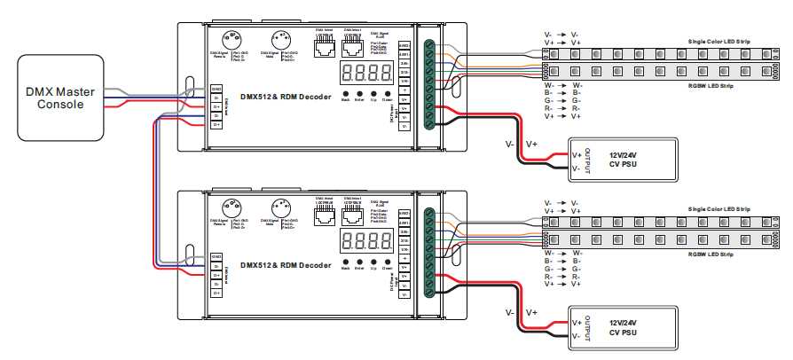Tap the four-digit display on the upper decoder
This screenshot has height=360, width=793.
tap(365, 73)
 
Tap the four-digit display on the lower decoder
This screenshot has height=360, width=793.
tap(365, 240)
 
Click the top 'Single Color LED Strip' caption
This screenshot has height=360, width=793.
tap(719, 41)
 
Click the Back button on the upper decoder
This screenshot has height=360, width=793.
tap(345, 94)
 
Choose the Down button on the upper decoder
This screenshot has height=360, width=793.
tap(388, 94)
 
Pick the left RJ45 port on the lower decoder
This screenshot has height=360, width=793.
tap(324, 215)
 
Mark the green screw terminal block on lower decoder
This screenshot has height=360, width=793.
tap(430, 252)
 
